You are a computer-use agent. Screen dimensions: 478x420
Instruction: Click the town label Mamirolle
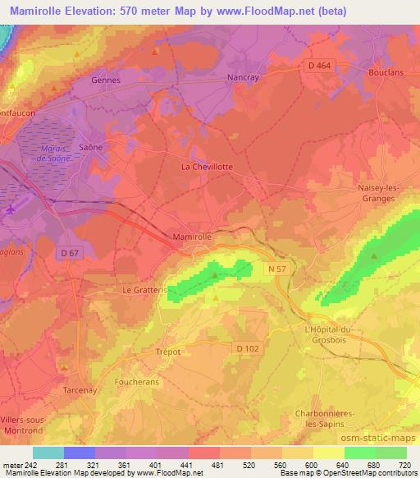[193, 237]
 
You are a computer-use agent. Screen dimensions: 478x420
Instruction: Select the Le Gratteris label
[144, 290]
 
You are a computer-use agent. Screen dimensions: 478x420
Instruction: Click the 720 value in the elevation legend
[403, 465]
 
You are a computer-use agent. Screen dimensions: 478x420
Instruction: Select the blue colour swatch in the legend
[80, 453]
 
